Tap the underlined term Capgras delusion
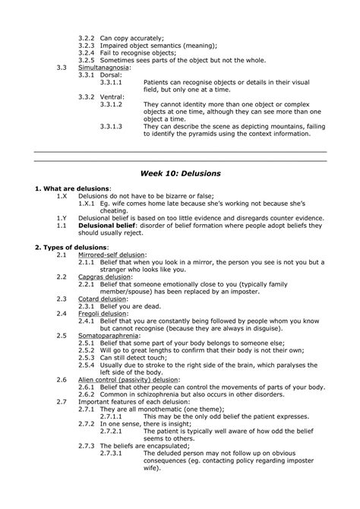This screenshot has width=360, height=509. (x=103, y=278)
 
